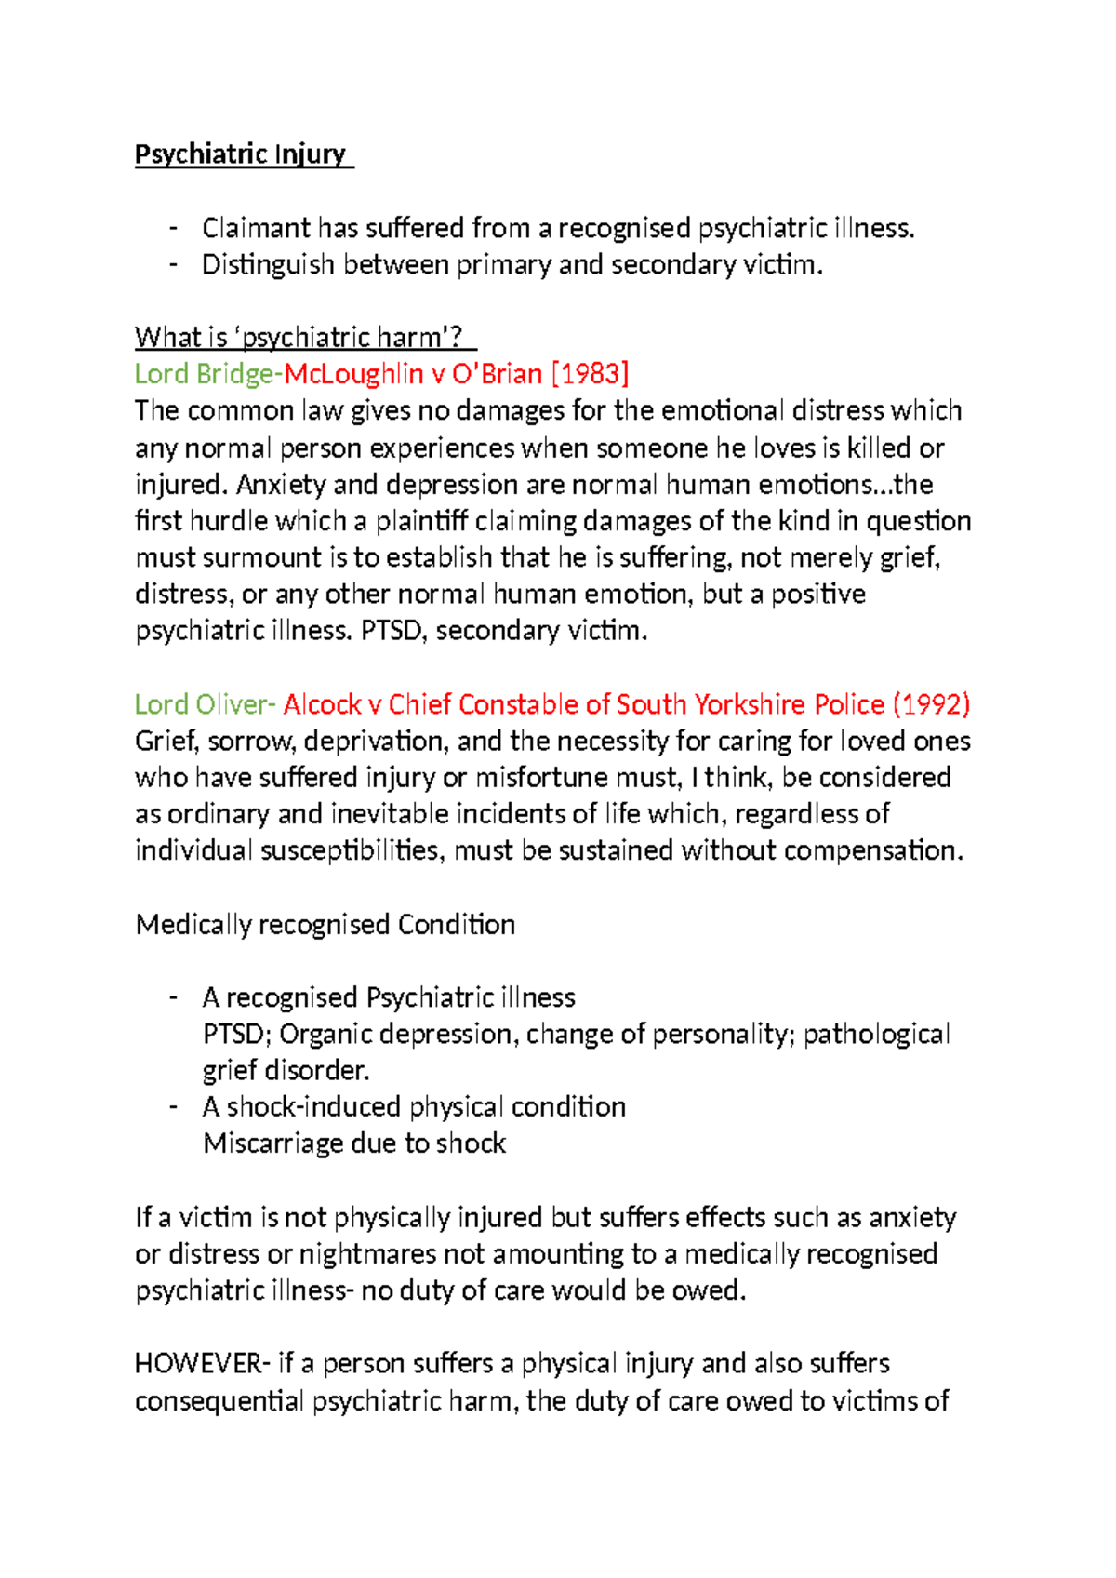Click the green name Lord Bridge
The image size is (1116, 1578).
[205, 374]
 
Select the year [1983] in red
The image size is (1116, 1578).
[591, 374]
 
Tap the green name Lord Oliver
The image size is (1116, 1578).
[202, 704]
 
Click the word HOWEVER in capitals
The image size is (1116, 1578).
[198, 1364]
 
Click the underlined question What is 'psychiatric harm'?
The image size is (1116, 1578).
[305, 337]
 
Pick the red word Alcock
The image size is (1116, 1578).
[322, 704]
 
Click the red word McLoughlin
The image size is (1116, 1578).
[353, 374]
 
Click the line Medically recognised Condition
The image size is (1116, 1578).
[325, 925]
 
